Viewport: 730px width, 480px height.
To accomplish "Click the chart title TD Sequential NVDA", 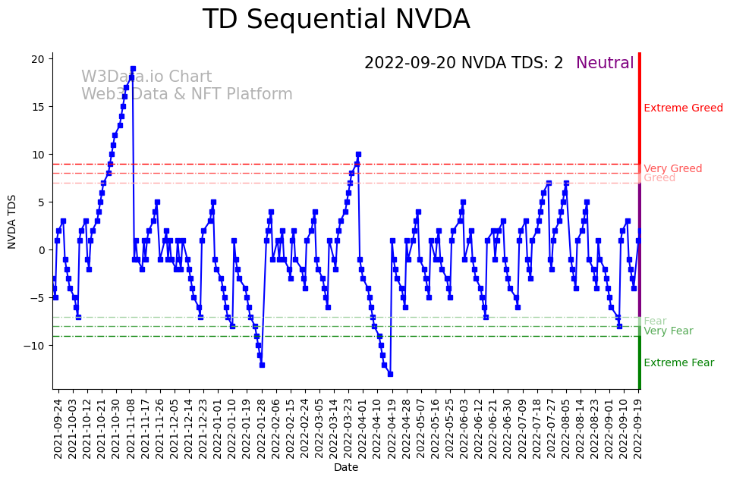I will (336, 20).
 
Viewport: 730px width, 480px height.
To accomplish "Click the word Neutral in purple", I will (605, 63).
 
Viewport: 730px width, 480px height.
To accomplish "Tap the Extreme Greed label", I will (683, 108).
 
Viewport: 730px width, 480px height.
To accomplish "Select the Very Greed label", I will (672, 168).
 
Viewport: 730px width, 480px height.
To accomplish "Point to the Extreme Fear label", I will (678, 362).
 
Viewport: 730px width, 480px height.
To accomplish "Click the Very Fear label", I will (668, 331).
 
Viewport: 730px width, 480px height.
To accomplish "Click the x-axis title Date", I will (346, 468).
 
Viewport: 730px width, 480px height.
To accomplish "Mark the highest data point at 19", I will (133, 68).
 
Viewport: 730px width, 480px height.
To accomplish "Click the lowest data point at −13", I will (390, 374).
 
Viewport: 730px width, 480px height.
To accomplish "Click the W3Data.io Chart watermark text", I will (146, 77).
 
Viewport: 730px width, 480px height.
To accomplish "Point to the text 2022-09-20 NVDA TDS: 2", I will (464, 63).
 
